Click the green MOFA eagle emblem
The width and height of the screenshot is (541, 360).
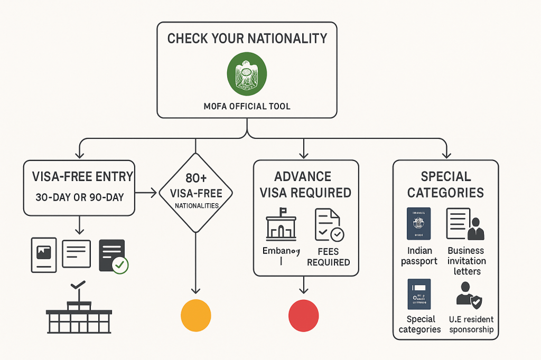coord(247,73)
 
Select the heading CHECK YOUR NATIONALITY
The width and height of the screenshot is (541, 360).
coord(247,39)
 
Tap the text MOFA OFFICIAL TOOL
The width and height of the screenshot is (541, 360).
coord(247,106)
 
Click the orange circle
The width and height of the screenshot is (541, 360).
coord(195,315)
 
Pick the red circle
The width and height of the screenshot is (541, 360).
coord(304,315)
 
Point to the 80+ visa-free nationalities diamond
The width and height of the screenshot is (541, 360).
coord(196,193)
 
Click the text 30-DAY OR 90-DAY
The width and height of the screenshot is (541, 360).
coord(79,197)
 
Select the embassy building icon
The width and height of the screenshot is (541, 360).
coord(281,224)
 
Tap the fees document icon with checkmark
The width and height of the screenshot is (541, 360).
coord(329,225)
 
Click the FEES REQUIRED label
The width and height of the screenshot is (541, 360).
coord(328,257)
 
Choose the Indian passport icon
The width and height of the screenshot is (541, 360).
coord(419,224)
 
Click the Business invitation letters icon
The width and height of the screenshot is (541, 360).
coord(465,224)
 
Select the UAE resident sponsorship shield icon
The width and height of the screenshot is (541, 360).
coord(469,295)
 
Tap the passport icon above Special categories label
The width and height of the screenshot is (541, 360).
coord(419,294)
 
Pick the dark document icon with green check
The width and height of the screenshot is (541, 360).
coord(113,256)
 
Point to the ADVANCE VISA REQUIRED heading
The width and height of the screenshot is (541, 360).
coord(305,184)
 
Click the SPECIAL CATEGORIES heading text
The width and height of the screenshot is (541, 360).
coord(445,184)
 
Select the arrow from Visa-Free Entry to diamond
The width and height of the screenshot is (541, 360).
coord(147,193)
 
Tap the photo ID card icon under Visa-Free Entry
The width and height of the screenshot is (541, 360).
coord(43,254)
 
